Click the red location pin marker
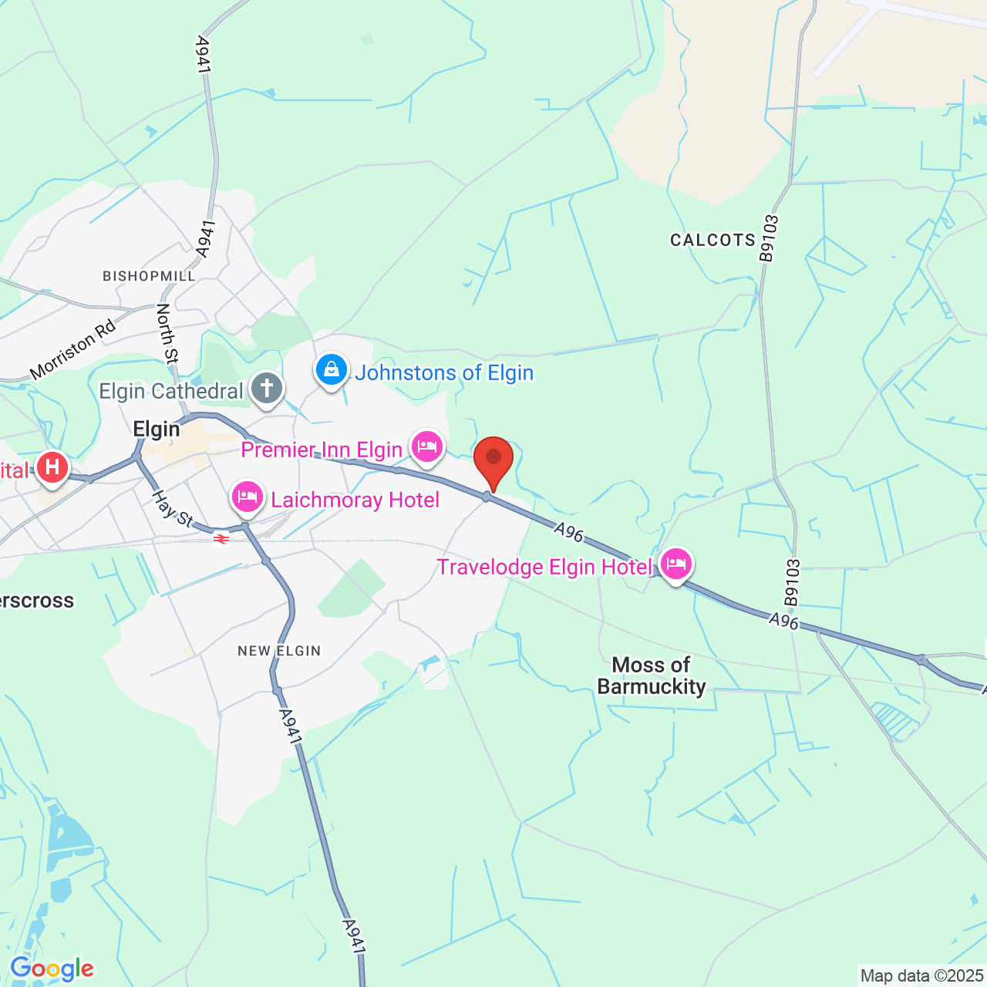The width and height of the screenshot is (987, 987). (493, 459)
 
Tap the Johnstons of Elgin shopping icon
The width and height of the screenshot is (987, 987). (332, 370)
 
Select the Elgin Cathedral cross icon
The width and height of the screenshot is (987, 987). (267, 389)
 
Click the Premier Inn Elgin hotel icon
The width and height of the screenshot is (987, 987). (426, 446)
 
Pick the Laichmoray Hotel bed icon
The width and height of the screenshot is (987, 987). (248, 497)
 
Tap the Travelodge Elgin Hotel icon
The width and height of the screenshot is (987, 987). (675, 564)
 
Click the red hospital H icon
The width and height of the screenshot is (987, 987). (52, 467)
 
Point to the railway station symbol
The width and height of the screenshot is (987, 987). (221, 539)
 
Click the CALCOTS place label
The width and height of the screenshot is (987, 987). (712, 240)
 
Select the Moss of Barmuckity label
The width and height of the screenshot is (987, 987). (652, 675)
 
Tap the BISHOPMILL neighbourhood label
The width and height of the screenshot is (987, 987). (149, 276)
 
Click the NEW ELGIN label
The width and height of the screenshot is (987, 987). (279, 651)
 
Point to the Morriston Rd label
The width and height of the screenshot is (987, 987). (73, 349)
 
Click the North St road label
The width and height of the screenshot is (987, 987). (167, 333)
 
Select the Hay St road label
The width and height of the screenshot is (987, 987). (172, 510)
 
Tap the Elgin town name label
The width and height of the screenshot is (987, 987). (157, 429)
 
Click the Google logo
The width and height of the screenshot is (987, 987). (52, 968)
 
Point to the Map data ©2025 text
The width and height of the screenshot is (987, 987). (922, 976)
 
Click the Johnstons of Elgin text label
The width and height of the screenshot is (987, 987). (444, 373)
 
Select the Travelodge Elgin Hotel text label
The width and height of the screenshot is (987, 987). (544, 568)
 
